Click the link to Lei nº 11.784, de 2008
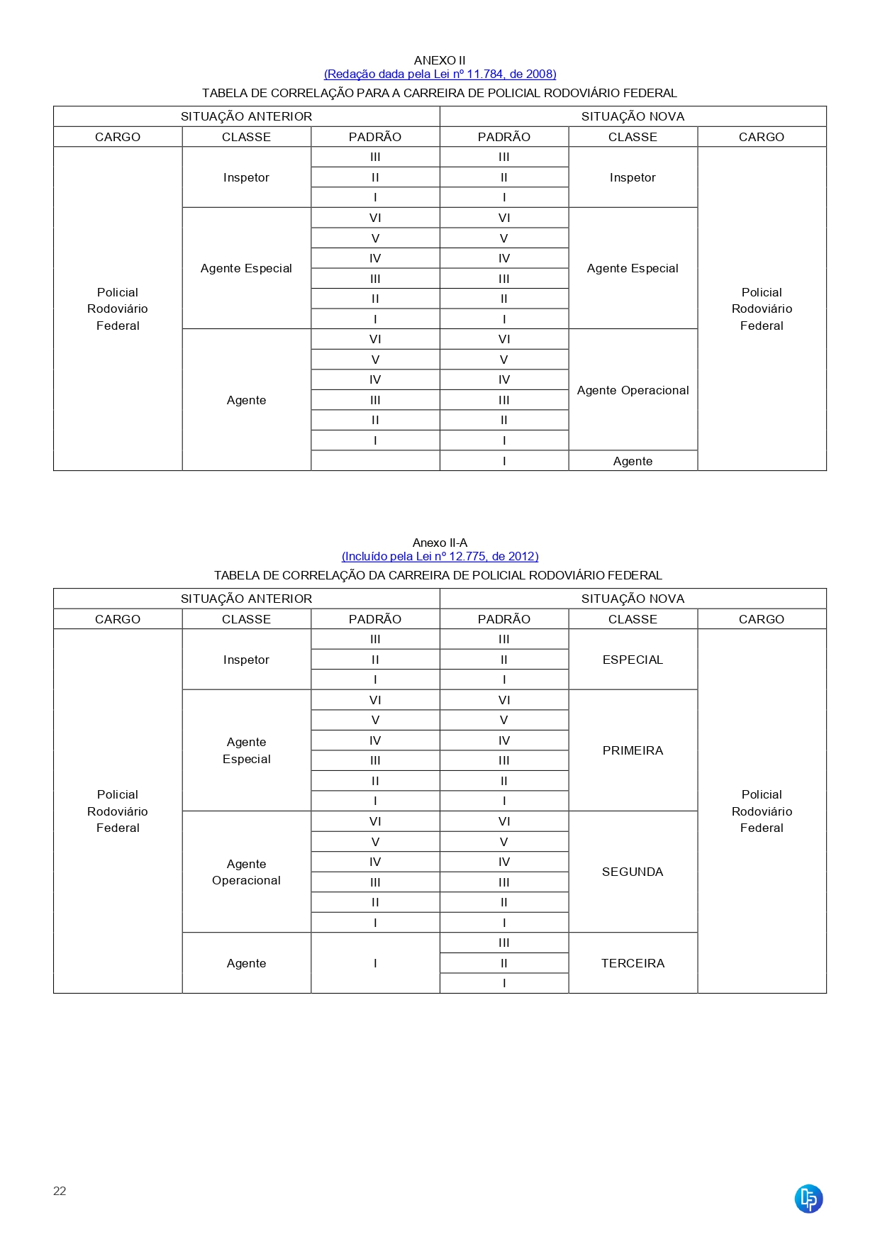tap(440, 74)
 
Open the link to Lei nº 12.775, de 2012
tap(440, 556)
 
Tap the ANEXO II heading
tap(440, 60)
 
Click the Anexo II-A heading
tap(440, 543)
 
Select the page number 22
tap(60, 1191)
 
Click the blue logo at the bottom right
tap(808, 1199)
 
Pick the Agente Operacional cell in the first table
tap(633, 390)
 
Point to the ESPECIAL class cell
tap(633, 660)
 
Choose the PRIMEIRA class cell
tap(633, 750)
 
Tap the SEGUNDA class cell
tap(633, 872)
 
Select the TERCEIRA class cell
tap(633, 963)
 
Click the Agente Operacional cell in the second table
tap(246, 872)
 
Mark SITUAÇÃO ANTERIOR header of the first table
tap(246, 116)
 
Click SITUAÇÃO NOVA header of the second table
tap(633, 599)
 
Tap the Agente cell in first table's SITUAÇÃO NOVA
tap(633, 461)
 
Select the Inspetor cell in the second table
tap(246, 660)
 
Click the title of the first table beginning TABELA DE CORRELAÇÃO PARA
tap(440, 93)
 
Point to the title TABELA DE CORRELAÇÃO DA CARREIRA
tap(438, 575)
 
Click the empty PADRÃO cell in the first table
tap(375, 461)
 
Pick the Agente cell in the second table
tap(246, 963)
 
